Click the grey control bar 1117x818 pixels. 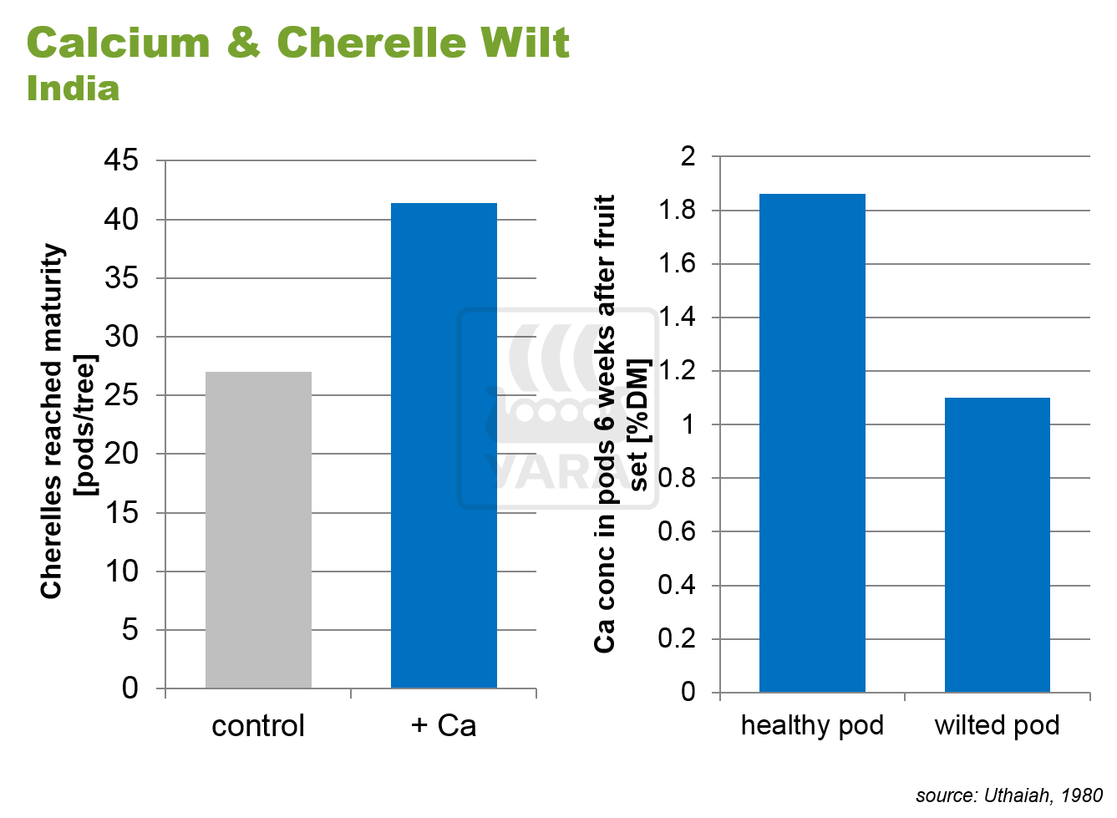258,530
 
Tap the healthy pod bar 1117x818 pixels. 812,443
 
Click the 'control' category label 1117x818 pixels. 258,725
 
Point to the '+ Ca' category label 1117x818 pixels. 444,725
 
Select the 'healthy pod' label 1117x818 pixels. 812,725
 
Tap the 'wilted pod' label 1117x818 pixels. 997,725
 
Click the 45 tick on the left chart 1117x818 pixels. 121,160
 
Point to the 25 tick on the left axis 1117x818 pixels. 121,395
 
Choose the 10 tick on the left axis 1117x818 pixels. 121,572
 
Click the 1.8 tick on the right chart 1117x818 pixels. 677,210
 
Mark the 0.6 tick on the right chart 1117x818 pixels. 677,531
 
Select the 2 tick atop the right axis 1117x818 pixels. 688,156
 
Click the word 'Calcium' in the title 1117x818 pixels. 118,43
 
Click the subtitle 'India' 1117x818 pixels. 73,89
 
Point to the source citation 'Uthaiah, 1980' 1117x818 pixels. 1043,795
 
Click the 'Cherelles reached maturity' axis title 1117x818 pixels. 52,422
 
